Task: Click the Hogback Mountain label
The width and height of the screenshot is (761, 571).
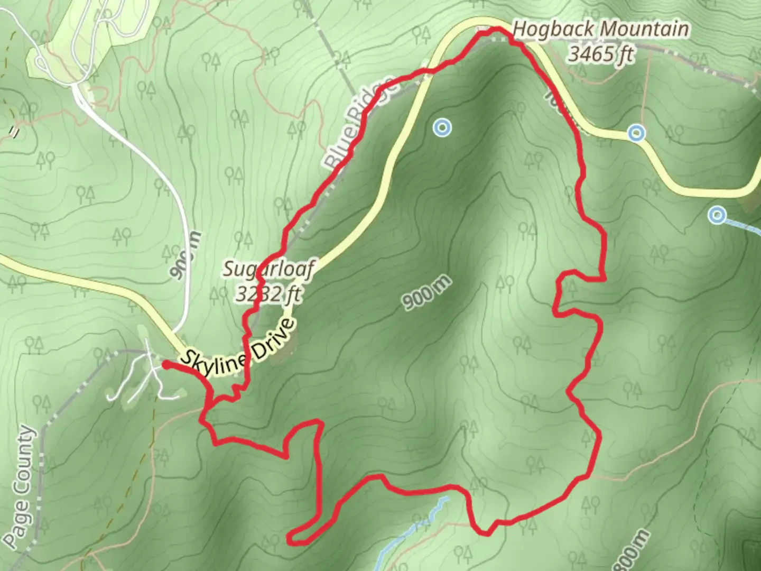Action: tap(601, 30)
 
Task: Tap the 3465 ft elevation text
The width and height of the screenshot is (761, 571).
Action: tap(601, 53)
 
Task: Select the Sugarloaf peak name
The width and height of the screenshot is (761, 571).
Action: tap(268, 269)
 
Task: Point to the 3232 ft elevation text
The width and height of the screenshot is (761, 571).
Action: tap(268, 293)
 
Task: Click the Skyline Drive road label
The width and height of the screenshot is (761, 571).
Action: tap(236, 348)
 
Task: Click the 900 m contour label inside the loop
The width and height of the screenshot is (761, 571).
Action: tap(428, 292)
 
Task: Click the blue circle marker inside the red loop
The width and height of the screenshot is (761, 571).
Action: tap(442, 127)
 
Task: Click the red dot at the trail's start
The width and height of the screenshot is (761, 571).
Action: tap(165, 364)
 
